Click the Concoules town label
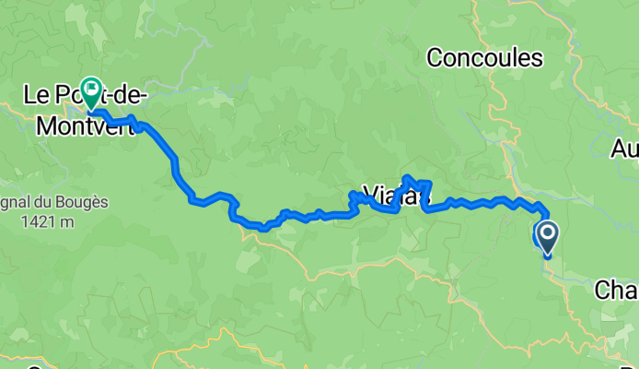[x=484, y=58]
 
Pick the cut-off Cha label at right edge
[x=615, y=292]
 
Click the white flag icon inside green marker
[x=92, y=89]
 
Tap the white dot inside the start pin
[x=547, y=232]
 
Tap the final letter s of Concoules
[x=536, y=58]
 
